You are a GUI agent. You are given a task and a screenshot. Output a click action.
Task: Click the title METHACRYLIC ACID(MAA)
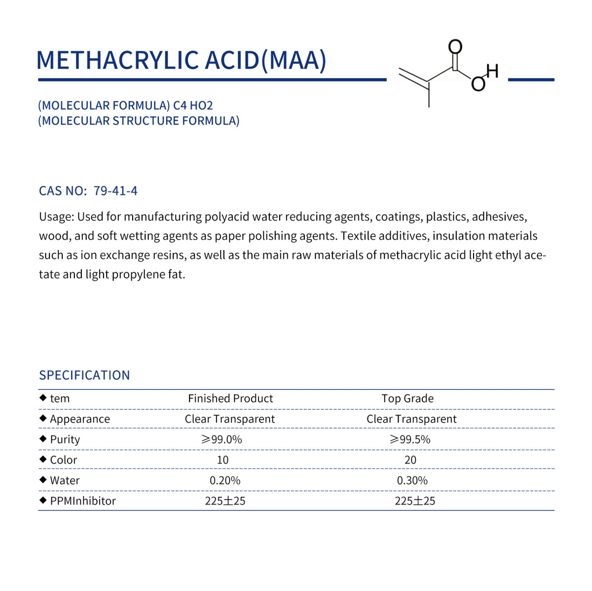[181, 60]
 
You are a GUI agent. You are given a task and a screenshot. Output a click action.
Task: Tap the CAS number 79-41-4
[115, 191]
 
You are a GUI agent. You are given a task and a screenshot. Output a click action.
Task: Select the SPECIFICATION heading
[84, 375]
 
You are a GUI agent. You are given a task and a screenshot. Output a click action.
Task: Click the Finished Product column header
[230, 398]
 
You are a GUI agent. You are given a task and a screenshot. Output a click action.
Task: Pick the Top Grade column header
[407, 398]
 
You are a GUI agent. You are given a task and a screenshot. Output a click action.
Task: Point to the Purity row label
[65, 439]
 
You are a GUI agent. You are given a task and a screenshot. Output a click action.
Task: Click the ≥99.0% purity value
[222, 439]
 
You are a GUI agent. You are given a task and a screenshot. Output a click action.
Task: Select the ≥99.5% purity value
[410, 439]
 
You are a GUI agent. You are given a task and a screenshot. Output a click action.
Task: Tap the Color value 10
[222, 460]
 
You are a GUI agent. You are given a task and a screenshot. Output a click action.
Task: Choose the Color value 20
[410, 460]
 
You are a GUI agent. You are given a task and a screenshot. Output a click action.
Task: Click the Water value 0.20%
[225, 480]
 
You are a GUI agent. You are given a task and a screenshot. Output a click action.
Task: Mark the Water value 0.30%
[412, 480]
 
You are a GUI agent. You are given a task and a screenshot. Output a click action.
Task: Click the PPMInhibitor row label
[83, 501]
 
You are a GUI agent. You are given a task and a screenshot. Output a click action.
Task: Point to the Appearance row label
[80, 419]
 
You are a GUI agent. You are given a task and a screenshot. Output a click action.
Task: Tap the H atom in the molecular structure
[492, 71]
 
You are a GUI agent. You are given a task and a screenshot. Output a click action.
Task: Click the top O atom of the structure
[455, 47]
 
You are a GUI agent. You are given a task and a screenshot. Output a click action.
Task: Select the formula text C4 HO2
[193, 105]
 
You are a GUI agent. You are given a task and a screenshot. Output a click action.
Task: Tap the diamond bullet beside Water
[43, 480]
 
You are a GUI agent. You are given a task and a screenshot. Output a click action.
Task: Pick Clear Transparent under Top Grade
[411, 419]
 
